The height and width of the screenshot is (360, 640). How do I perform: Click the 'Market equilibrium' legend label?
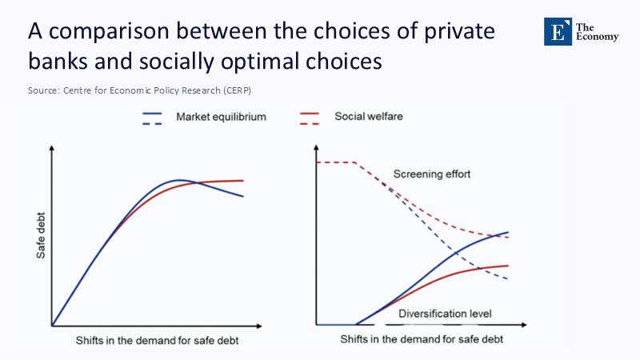click(x=221, y=117)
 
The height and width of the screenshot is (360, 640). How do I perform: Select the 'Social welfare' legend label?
click(x=369, y=117)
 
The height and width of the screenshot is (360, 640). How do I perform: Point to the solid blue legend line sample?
click(x=153, y=114)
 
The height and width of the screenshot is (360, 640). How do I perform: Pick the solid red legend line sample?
click(x=310, y=114)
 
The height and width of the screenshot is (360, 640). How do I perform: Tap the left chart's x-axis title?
click(x=157, y=340)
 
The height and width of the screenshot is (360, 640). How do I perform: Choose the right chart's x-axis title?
click(x=422, y=340)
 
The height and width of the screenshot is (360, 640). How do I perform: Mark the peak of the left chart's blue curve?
click(x=181, y=180)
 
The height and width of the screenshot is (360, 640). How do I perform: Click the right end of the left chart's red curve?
click(x=242, y=181)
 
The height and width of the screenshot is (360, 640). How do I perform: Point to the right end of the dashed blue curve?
click(x=508, y=278)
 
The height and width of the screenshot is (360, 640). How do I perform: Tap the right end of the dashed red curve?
click(x=508, y=238)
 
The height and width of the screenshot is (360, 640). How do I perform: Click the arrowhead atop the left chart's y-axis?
click(x=52, y=149)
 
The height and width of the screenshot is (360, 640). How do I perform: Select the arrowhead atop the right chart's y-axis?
click(x=317, y=149)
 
